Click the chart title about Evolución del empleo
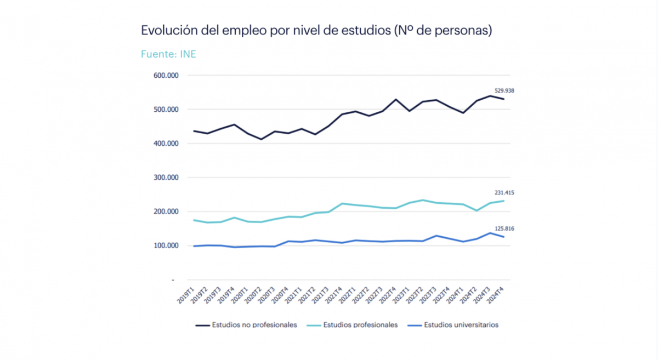316,31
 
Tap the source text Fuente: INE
168,54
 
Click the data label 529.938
505,90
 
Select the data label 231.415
505,193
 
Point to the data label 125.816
505,228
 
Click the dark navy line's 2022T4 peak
396,100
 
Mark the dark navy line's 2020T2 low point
262,139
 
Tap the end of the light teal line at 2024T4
503,201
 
